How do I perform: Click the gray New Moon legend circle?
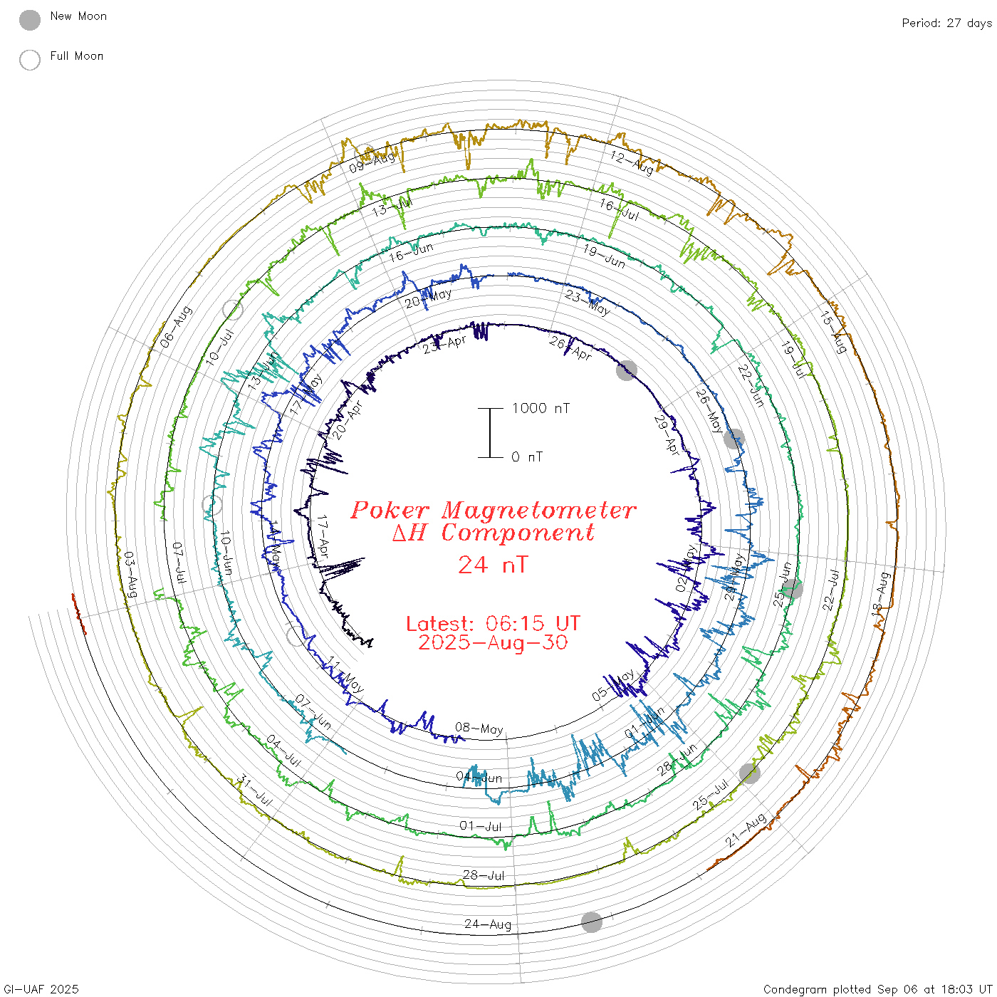[30, 20]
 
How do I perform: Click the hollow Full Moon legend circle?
[30, 60]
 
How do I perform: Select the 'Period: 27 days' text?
[946, 23]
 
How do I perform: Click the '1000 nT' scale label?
[541, 408]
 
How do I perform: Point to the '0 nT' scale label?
[527, 456]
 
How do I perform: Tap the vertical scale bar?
[490, 432]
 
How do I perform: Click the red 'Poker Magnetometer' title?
[493, 510]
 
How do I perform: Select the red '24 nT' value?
[493, 565]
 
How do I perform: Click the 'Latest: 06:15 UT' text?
[493, 623]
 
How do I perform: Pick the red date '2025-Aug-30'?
[493, 642]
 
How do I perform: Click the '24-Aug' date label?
[488, 924]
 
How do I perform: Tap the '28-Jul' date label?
[484, 875]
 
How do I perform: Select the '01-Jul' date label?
[481, 826]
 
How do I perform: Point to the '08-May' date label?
[479, 728]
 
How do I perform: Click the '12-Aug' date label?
[632, 162]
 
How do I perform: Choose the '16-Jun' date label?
[411, 251]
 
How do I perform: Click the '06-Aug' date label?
[176, 327]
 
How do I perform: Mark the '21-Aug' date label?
[746, 830]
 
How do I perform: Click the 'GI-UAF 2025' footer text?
[41, 989]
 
